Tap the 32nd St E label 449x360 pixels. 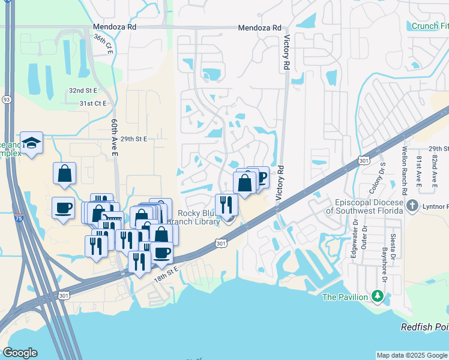pyautogui.click(x=83, y=90)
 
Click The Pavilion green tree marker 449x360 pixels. pyautogui.click(x=378, y=296)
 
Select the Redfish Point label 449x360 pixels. pyautogui.click(x=425, y=326)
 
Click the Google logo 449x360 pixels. pyautogui.click(x=20, y=353)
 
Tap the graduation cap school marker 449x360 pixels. pyautogui.click(x=31, y=143)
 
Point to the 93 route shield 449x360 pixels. pyautogui.click(x=7, y=99)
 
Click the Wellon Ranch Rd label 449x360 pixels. pyautogui.click(x=405, y=170)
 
